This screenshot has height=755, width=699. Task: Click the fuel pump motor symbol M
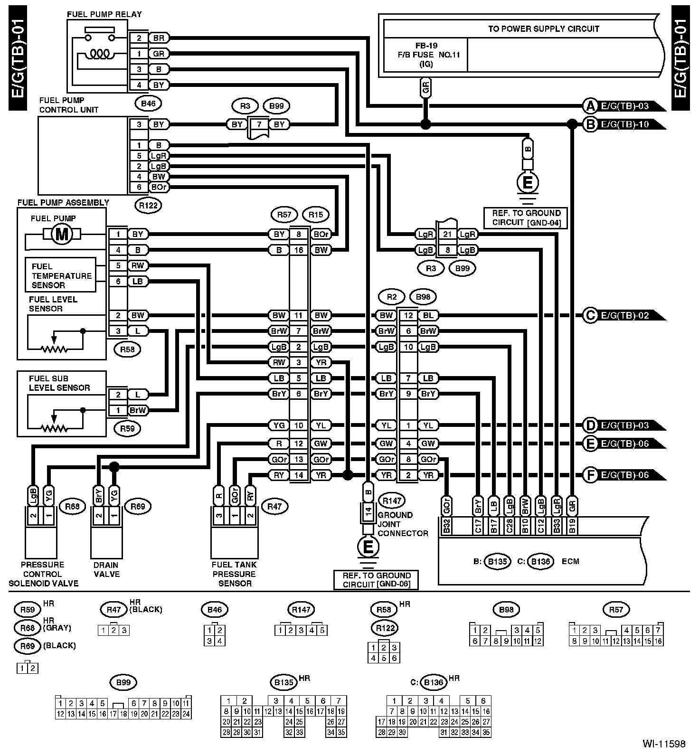coord(62,234)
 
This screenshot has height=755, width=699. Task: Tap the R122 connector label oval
coord(148,205)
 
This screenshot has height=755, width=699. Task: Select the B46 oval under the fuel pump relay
coord(148,103)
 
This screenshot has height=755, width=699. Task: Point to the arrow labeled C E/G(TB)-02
coord(623,315)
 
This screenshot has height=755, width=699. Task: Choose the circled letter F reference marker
coord(590,475)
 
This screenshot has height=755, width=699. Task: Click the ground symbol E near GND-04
coord(528,183)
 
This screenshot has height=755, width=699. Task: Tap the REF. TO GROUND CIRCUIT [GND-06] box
coord(377,580)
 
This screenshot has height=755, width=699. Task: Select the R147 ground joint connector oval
coord(392,500)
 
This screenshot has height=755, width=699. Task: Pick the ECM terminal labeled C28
coord(509,527)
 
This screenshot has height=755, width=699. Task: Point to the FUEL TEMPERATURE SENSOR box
coord(61,275)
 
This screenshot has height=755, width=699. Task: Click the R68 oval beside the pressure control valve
coord(72,507)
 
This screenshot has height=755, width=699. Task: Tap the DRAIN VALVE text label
coord(106,569)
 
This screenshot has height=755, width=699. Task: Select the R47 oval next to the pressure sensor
coord(274,507)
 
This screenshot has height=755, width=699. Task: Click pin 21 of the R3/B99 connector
coord(447,234)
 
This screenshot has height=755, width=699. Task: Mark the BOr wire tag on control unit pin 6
coord(159,187)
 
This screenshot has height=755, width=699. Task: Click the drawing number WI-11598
coord(664,744)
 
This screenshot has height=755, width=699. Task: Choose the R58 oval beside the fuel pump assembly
coord(127,350)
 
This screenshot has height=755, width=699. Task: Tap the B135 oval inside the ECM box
coord(497,562)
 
